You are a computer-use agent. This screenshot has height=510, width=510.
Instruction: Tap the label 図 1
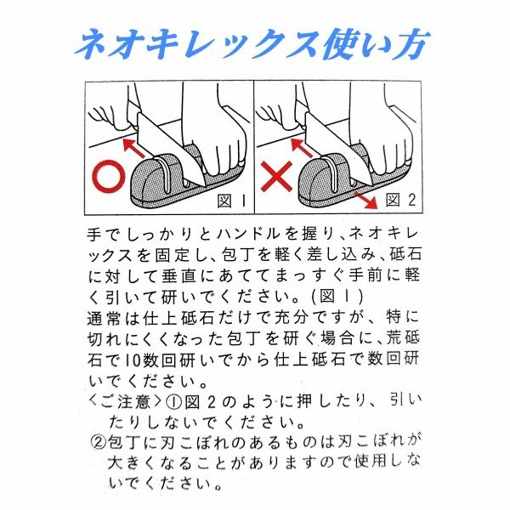231,201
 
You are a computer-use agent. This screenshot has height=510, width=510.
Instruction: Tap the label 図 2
400,200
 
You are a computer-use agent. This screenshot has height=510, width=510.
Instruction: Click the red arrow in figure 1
134,148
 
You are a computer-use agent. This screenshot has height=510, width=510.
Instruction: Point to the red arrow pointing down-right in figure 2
365,200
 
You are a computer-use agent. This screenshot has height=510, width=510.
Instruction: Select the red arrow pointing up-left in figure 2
301,148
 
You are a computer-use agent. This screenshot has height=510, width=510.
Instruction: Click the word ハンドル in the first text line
248,234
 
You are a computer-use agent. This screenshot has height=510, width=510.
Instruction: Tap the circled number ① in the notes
173,403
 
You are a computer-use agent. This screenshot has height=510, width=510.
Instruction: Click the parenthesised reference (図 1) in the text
337,297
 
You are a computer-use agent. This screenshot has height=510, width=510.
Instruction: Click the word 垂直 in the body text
178,275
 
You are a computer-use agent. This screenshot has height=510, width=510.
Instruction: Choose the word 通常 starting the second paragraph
104,318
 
